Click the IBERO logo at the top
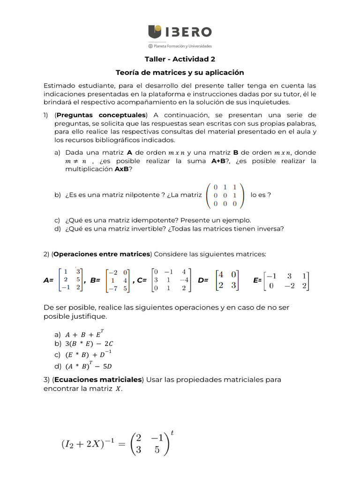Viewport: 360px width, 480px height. (180, 32)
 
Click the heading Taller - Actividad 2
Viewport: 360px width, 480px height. (180, 59)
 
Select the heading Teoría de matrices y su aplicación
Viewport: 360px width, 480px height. (180, 73)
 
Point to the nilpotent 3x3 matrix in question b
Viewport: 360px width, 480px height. (225, 195)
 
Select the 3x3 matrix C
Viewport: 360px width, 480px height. (171, 280)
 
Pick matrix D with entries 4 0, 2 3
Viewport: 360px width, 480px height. (226, 280)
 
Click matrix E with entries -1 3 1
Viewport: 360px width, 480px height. (286, 280)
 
